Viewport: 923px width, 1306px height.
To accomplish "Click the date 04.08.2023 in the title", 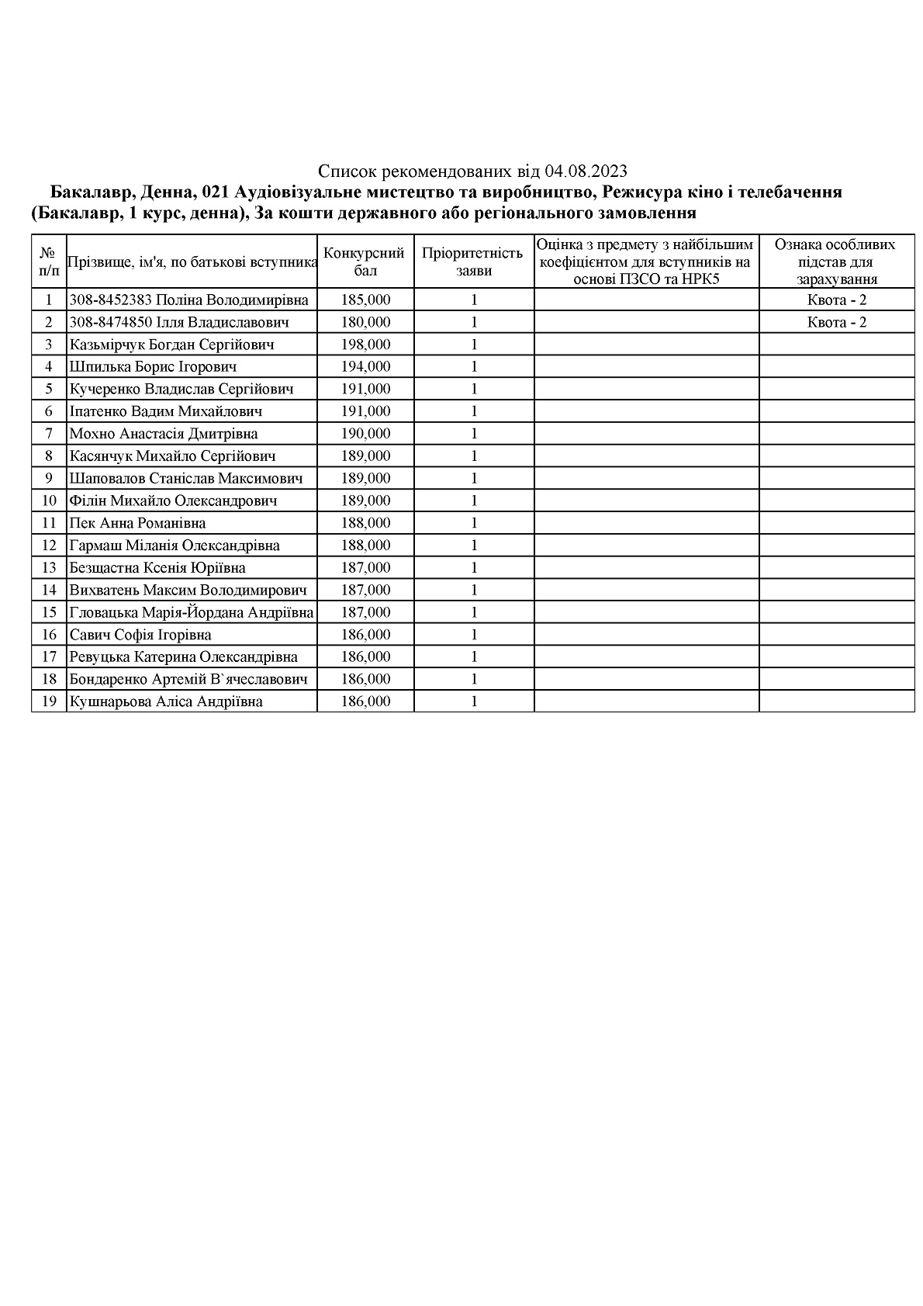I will click(x=586, y=171).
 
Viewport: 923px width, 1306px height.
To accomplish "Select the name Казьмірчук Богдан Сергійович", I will click(x=171, y=345).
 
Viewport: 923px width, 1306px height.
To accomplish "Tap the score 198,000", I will click(x=365, y=345).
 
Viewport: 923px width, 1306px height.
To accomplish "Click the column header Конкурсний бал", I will click(x=365, y=262).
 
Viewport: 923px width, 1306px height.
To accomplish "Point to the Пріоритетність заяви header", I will click(x=472, y=262).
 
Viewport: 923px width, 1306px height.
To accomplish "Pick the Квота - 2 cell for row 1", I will click(x=836, y=300).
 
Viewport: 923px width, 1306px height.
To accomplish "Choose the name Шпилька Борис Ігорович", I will click(x=153, y=367).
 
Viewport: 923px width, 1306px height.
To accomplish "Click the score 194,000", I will click(x=365, y=367).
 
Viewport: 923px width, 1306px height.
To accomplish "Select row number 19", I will click(x=49, y=702).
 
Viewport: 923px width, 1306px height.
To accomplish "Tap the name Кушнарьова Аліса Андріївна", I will click(x=166, y=702).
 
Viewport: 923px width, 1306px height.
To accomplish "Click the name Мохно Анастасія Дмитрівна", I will click(x=164, y=434).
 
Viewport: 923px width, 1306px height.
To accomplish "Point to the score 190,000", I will click(x=365, y=434).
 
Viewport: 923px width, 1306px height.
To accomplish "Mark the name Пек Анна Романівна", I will click(x=137, y=523).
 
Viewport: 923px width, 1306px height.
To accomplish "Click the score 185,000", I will click(x=365, y=300).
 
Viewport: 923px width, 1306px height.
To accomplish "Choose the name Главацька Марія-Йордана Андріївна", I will click(x=191, y=613).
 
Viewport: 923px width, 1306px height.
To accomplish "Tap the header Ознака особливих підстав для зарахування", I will click(x=836, y=262).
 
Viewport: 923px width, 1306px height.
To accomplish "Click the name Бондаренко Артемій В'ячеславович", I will click(x=188, y=680).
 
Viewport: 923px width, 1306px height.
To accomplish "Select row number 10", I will click(x=49, y=501).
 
